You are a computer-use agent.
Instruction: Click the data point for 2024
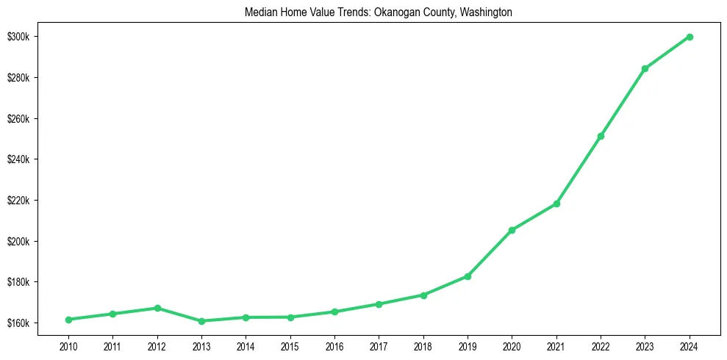690,37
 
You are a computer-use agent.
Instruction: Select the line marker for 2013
201,321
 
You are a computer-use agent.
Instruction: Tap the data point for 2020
512,230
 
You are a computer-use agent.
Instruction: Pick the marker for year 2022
601,136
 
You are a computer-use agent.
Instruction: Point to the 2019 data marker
468,276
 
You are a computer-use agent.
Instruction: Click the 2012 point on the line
157,308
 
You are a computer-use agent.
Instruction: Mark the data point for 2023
645,68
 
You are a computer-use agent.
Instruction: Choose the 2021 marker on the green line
556,204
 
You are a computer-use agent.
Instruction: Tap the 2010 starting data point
68,320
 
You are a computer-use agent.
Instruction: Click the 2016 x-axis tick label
334,345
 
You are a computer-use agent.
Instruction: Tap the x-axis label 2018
423,345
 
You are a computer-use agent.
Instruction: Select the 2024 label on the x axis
690,345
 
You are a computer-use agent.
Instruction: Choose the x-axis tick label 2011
112,345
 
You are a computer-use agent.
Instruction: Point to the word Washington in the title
484,12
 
